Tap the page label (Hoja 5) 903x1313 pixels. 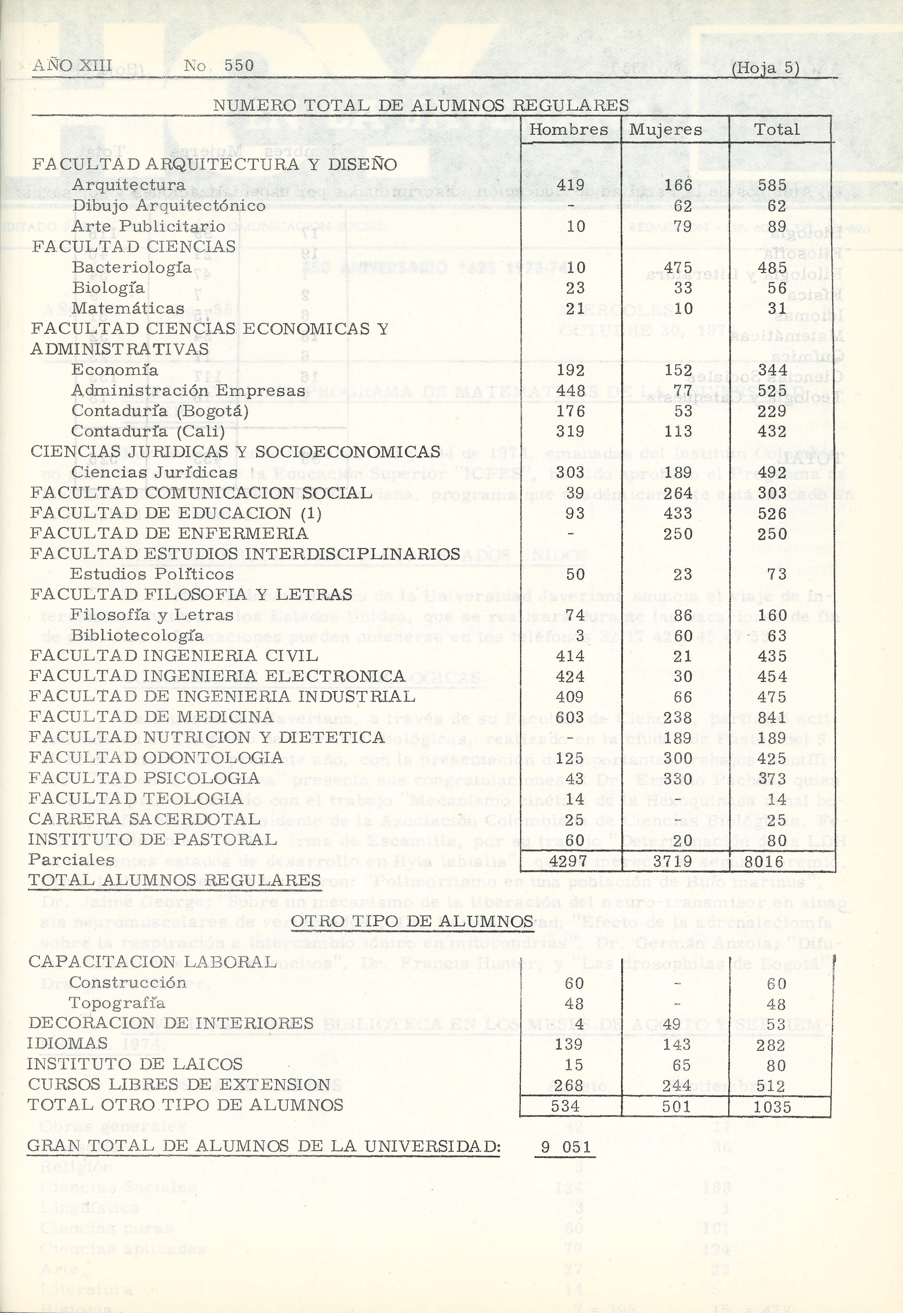[765, 68]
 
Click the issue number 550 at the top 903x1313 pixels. [239, 66]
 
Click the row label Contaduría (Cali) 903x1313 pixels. [148, 432]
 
